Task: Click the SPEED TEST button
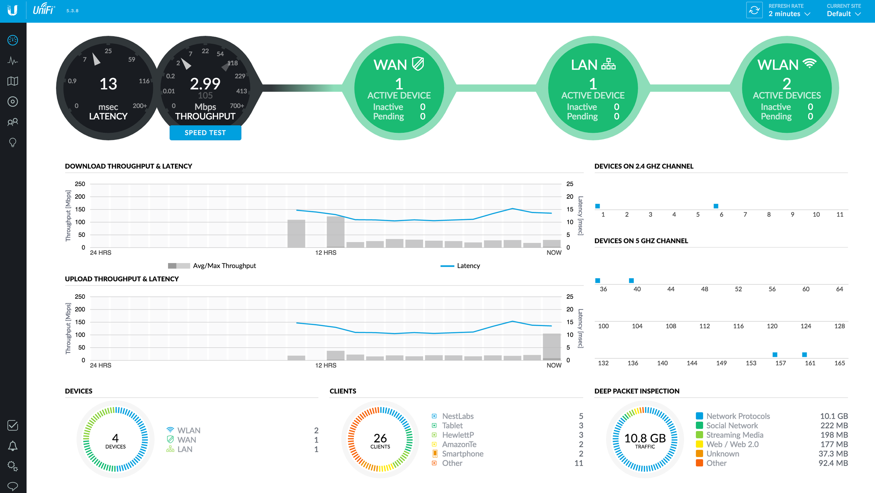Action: click(x=205, y=133)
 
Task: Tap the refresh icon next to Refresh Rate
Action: click(x=754, y=10)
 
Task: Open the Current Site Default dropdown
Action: click(x=843, y=14)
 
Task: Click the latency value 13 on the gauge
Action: click(x=108, y=84)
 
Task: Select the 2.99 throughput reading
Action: click(x=205, y=84)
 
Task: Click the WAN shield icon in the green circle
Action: click(x=418, y=64)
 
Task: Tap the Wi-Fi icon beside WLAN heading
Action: click(x=809, y=64)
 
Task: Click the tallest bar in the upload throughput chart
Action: click(x=551, y=346)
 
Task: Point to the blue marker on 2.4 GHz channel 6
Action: click(x=716, y=206)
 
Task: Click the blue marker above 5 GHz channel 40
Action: click(x=631, y=281)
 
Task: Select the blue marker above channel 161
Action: click(x=804, y=354)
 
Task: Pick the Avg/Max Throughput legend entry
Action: click(x=224, y=266)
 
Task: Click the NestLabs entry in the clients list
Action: click(x=457, y=416)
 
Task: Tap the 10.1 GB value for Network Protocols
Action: click(x=834, y=416)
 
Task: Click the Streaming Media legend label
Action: click(x=734, y=435)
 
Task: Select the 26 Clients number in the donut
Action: click(x=380, y=438)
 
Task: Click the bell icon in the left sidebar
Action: click(x=13, y=446)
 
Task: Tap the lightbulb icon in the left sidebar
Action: click(x=13, y=142)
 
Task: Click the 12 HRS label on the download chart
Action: click(x=325, y=253)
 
